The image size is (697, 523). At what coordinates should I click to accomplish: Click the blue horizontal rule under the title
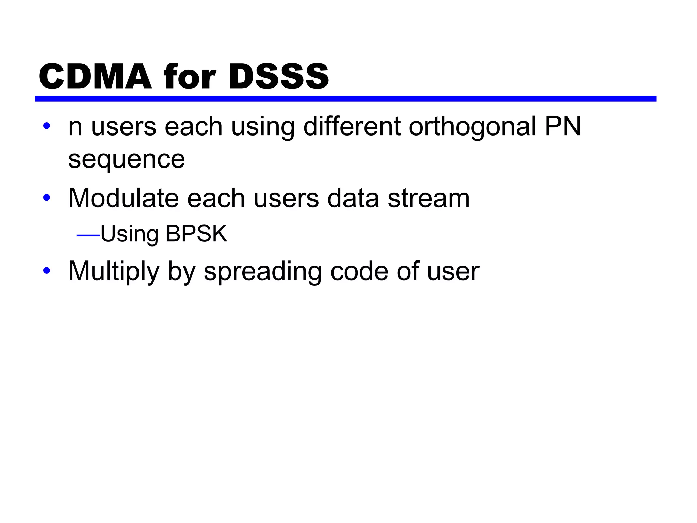pyautogui.click(x=345, y=99)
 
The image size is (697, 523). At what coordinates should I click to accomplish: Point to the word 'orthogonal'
pyautogui.click(x=472, y=127)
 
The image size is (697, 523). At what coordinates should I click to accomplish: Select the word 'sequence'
pyautogui.click(x=127, y=159)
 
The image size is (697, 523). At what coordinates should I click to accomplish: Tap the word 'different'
pyautogui.click(x=352, y=127)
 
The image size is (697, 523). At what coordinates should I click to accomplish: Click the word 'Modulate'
pyautogui.click(x=124, y=198)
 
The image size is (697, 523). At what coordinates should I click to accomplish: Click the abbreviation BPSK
pyautogui.click(x=196, y=234)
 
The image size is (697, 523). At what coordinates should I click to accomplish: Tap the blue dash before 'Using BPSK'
pyautogui.click(x=88, y=235)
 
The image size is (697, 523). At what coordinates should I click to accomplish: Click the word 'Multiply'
pyautogui.click(x=114, y=271)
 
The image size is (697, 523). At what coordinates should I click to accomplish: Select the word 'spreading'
pyautogui.click(x=262, y=271)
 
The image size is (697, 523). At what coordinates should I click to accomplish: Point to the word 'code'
pyautogui.click(x=359, y=271)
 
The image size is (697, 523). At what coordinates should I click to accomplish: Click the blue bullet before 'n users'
pyautogui.click(x=47, y=126)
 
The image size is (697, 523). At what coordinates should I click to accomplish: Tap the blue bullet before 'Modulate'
pyautogui.click(x=47, y=197)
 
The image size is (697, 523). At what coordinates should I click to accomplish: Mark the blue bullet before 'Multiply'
pyautogui.click(x=47, y=271)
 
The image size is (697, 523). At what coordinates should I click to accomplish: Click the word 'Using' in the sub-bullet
pyautogui.click(x=129, y=234)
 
